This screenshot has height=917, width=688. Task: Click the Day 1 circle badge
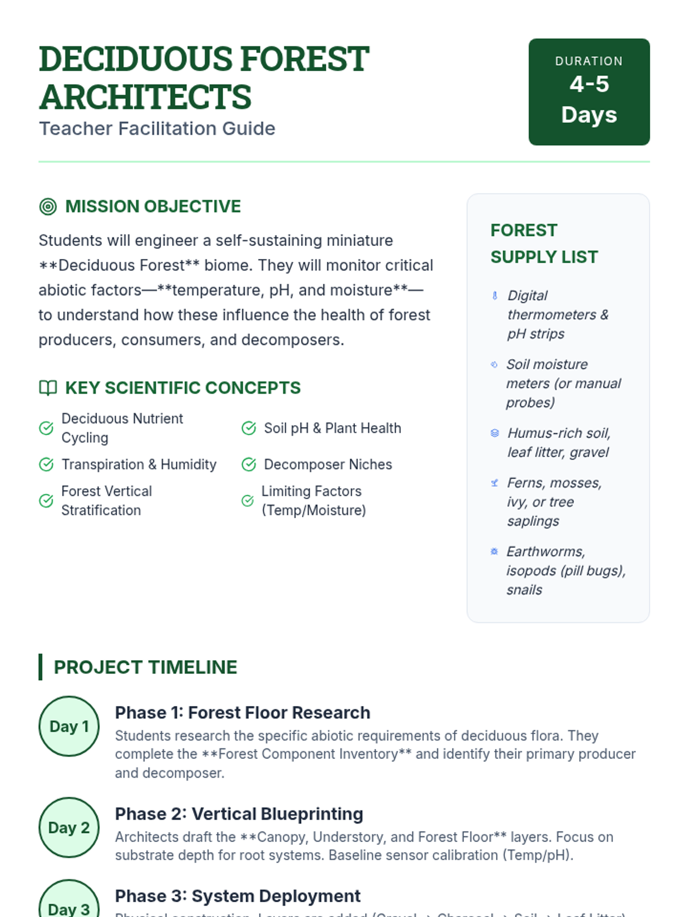[x=69, y=726]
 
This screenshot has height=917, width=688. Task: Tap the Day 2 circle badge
[x=69, y=827]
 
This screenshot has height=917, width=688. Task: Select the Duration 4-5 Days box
[x=589, y=92]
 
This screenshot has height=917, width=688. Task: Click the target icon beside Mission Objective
[x=48, y=206]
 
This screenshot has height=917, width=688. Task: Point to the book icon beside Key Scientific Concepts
[x=48, y=388]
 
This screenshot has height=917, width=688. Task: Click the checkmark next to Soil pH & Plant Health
[x=249, y=428]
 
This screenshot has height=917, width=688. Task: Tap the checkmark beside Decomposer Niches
[x=249, y=464]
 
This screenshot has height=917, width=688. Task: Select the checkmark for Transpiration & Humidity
[x=46, y=464]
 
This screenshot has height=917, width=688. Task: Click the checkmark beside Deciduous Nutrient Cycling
[x=46, y=428]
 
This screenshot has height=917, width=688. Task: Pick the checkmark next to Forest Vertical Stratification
[x=46, y=501]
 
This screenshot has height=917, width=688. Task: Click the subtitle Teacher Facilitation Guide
[x=157, y=128]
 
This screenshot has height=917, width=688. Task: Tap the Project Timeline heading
[x=145, y=667]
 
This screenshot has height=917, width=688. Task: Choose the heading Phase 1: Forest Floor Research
[x=243, y=712]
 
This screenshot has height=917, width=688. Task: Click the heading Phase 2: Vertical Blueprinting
[x=239, y=814]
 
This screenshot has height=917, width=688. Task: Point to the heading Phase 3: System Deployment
[x=237, y=896]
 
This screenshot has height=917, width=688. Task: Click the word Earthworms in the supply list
[x=545, y=551]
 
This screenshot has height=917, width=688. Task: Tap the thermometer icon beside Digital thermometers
[x=495, y=296]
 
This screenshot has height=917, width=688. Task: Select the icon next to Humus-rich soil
[x=495, y=433]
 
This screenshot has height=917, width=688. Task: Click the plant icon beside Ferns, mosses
[x=495, y=483]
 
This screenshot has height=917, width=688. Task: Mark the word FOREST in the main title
[x=304, y=59]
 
